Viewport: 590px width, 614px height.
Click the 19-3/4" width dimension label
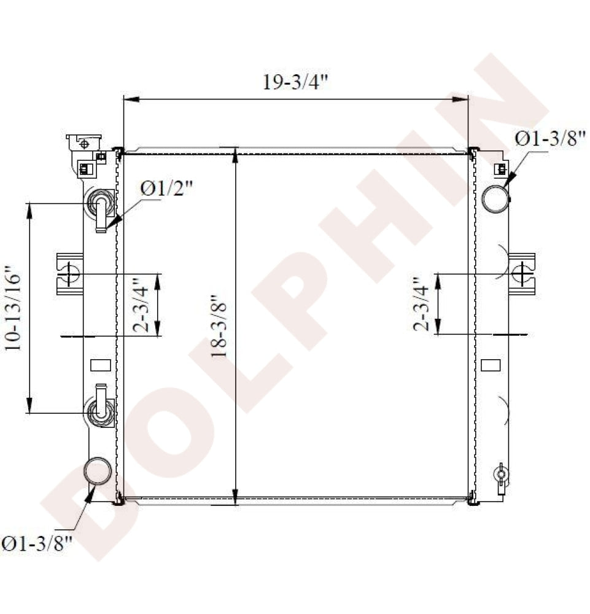(295, 82)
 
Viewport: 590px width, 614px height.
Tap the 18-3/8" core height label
(219, 326)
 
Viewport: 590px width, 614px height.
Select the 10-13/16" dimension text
(12, 309)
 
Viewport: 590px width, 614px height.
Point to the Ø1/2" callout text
(166, 189)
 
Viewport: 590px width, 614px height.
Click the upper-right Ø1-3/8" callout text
(550, 139)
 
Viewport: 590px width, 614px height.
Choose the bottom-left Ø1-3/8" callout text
(37, 543)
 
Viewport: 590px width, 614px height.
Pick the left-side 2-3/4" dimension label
(141, 305)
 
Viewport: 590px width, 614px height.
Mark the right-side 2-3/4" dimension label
(421, 304)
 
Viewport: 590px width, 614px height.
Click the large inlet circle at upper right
(495, 199)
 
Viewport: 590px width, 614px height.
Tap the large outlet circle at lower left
(98, 471)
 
